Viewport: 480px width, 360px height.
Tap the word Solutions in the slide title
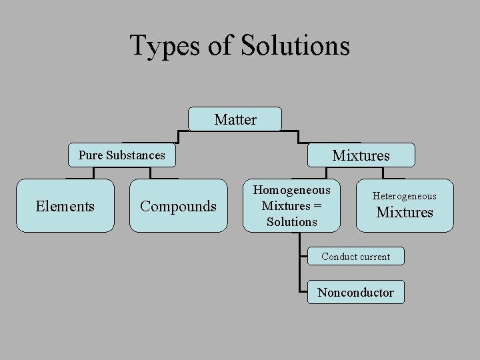(x=295, y=46)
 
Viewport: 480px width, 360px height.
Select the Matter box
(x=235, y=119)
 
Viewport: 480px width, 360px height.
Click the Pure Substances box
(x=122, y=155)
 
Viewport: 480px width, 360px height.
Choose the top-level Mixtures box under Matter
(x=361, y=155)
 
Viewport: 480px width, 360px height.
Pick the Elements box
(x=65, y=206)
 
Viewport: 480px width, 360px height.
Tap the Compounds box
(x=178, y=206)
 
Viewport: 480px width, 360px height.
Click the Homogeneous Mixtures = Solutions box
(x=291, y=205)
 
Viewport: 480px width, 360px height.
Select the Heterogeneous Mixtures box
(x=405, y=205)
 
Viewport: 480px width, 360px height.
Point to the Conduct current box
(x=355, y=257)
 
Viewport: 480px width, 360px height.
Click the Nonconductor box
(x=355, y=292)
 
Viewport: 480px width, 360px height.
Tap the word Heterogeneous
(x=405, y=196)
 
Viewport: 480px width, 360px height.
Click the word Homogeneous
(x=291, y=190)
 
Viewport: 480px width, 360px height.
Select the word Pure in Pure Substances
(x=90, y=155)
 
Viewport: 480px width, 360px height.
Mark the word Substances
(x=135, y=155)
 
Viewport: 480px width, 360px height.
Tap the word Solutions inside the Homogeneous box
(x=291, y=221)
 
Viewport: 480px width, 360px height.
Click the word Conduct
(x=338, y=257)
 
